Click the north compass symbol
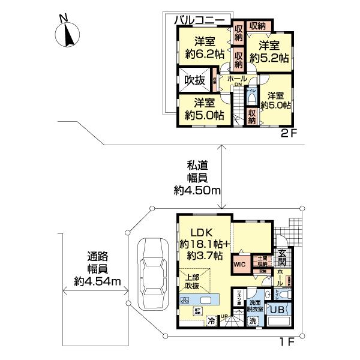[67, 33]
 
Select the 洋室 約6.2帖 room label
[205, 47]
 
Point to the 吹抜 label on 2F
[194, 79]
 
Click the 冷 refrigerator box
[212, 320]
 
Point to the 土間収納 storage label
[262, 260]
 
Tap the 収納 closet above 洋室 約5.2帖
[257, 25]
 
